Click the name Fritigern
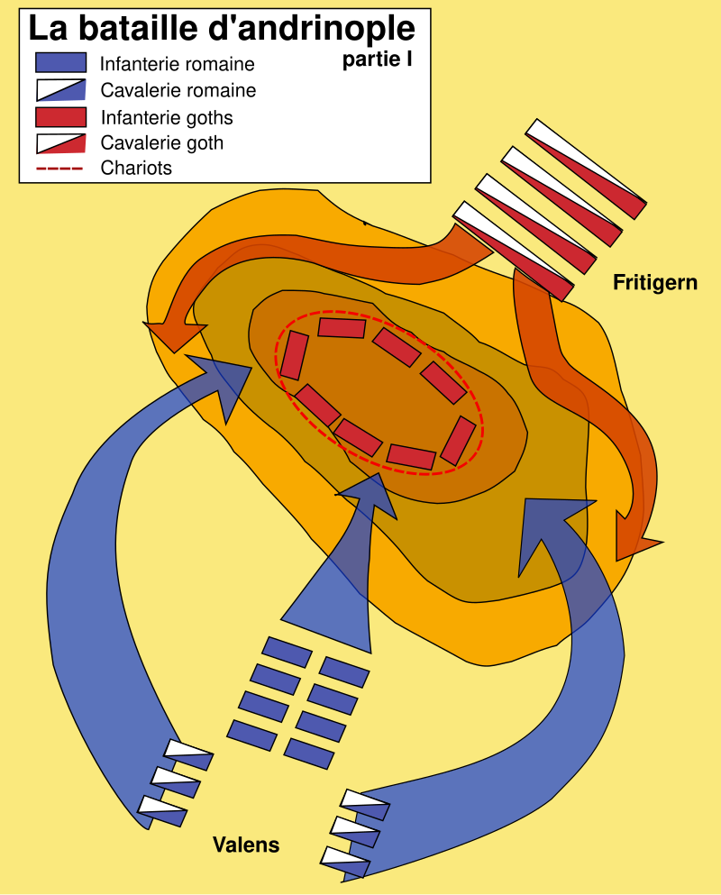(655, 282)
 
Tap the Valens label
(246, 845)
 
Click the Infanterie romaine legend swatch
(60, 63)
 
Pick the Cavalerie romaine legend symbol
(60, 90)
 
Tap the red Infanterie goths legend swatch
(60, 117)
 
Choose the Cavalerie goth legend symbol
(60, 143)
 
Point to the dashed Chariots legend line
(59, 169)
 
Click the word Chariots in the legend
(136, 169)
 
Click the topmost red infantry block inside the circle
(342, 328)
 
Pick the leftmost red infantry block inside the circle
(294, 355)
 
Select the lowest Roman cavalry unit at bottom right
(345, 863)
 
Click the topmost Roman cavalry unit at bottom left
(188, 754)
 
